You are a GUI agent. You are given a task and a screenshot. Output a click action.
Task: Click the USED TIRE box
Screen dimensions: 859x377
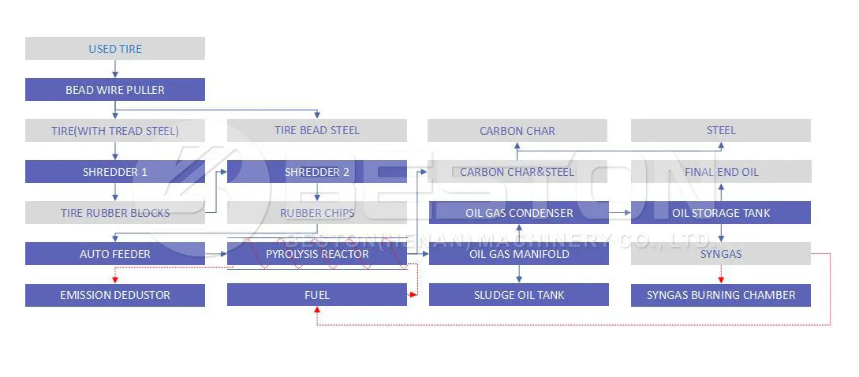point(115,49)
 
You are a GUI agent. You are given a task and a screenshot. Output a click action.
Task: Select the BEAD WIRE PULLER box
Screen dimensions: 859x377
point(115,90)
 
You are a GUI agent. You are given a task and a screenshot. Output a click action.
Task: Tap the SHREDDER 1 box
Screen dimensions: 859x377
point(115,172)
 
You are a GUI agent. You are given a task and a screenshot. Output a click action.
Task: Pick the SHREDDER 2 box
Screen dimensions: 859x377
point(317,172)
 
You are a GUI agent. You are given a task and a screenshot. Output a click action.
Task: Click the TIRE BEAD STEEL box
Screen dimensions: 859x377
point(317,130)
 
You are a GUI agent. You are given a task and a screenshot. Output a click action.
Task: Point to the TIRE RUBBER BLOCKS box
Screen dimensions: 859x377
point(115,213)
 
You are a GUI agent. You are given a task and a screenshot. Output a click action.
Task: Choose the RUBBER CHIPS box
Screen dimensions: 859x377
point(317,213)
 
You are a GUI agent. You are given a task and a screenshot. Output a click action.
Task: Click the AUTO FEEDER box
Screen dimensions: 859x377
point(115,254)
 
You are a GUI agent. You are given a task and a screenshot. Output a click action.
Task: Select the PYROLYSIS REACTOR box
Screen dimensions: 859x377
point(317,254)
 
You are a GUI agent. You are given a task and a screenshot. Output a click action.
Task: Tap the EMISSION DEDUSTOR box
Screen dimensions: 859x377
point(115,295)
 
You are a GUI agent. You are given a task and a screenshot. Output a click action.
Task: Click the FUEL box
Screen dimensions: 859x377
point(317,295)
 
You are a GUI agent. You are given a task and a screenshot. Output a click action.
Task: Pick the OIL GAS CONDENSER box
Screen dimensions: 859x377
point(519,213)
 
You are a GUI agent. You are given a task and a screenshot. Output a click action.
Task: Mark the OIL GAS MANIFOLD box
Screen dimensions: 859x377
point(519,254)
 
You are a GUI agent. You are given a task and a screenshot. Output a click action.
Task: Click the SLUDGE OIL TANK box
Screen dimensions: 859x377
point(519,295)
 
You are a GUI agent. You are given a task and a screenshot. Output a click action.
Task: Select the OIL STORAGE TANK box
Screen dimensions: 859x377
point(721,213)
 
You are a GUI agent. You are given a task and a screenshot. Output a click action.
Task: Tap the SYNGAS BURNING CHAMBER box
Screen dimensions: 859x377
point(721,295)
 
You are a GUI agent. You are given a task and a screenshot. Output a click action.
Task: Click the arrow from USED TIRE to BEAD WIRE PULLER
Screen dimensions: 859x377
point(115,69)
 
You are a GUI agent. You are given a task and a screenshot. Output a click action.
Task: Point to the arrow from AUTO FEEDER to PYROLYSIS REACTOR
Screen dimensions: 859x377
point(216,254)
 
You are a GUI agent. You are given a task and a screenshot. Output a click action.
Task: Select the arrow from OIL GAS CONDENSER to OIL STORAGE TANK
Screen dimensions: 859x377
point(619,213)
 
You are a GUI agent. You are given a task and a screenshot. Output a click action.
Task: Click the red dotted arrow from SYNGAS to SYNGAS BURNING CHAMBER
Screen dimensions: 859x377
point(721,274)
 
